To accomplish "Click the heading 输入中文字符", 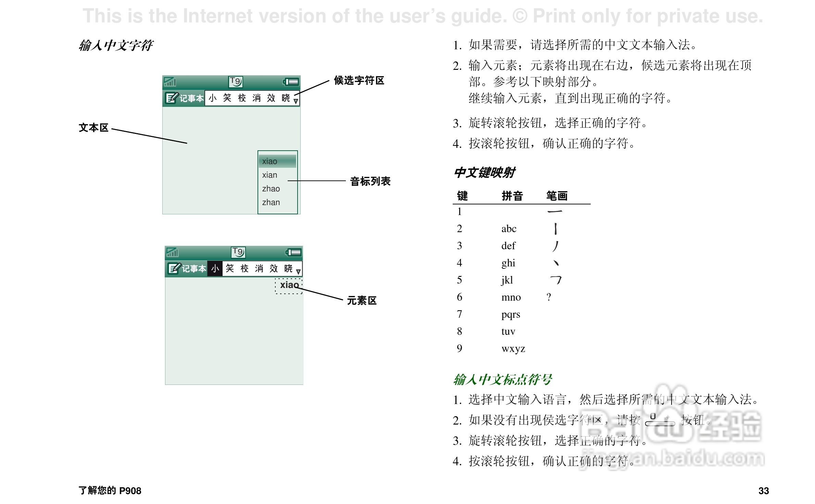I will click(x=116, y=45).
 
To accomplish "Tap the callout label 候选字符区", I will click(x=359, y=80).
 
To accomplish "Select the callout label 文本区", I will click(x=93, y=128).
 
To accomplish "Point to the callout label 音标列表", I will click(x=370, y=181).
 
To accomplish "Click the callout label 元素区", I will click(x=362, y=301).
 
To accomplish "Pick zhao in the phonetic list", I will click(x=271, y=189).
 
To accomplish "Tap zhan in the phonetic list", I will click(x=271, y=202).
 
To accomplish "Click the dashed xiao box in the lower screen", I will click(x=289, y=285).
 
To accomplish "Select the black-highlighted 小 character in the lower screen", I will click(x=215, y=269).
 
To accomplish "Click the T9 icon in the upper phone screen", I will click(x=236, y=81).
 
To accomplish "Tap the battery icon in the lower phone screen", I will click(x=293, y=252).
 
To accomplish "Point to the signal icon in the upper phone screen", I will click(x=170, y=82).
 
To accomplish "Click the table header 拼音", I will click(x=512, y=196).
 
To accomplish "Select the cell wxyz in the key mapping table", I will click(x=513, y=349).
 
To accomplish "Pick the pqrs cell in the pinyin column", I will click(x=511, y=314).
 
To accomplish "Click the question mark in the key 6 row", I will click(x=549, y=297).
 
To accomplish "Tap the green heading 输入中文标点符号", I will click(x=502, y=379).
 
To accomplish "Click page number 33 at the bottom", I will click(x=764, y=491).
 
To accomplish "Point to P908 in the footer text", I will click(x=130, y=491).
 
